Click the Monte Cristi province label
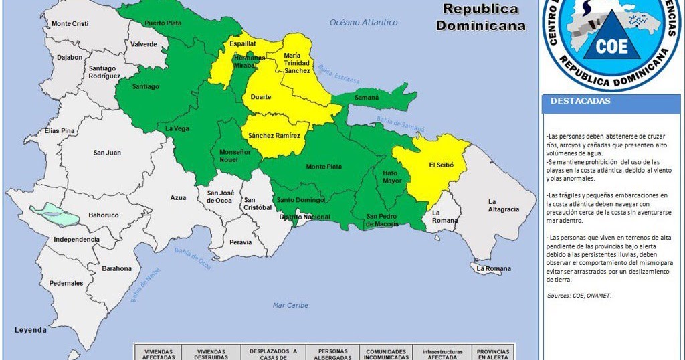tap(70, 24)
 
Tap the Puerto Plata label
tap(163, 23)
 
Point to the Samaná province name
tap(366, 98)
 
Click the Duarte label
tap(260, 98)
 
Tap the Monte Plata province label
tap(324, 167)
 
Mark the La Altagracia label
tap(503, 205)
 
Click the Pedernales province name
tap(66, 283)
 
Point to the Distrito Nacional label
tap(304, 217)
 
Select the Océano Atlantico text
tap(363, 23)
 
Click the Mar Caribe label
tap(290, 306)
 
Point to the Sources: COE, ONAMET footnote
tap(579, 295)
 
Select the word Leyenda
tap(31, 330)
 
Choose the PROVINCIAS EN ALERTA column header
tap(493, 354)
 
